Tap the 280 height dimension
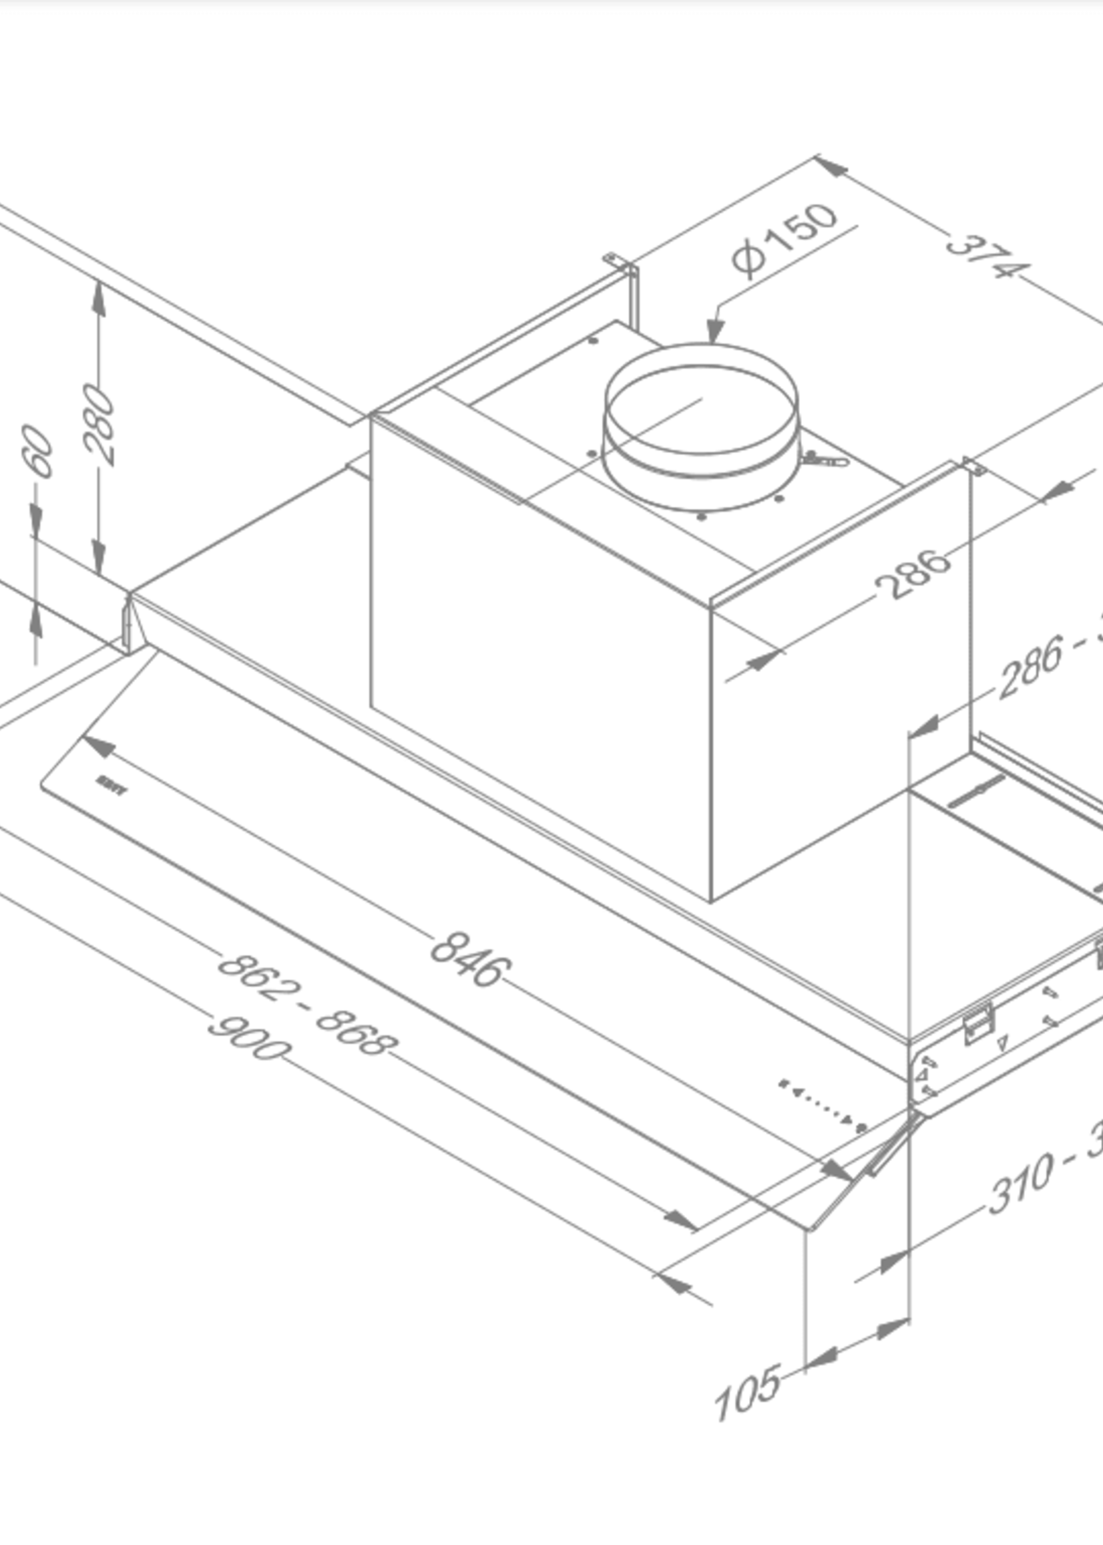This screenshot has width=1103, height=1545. (x=99, y=425)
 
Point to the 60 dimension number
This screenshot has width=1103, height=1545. (x=38, y=452)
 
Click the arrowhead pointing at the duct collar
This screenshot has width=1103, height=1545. (x=712, y=333)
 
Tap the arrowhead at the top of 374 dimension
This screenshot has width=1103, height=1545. (x=831, y=166)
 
